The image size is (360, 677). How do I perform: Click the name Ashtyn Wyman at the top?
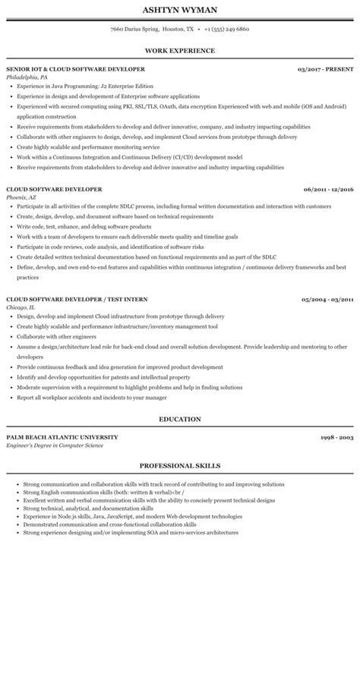point(179,11)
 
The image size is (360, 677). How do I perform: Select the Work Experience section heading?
point(179,50)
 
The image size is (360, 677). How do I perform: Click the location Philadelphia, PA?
point(27,77)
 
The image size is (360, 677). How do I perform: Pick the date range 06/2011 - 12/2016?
point(328,189)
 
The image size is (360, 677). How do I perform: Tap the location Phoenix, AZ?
point(21,197)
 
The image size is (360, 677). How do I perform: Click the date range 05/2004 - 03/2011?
point(328,300)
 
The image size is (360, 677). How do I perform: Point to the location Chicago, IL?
point(21,308)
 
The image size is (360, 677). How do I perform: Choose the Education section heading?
point(179,418)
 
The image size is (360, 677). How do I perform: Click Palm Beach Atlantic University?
point(62,438)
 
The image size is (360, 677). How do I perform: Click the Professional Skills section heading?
point(179,465)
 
